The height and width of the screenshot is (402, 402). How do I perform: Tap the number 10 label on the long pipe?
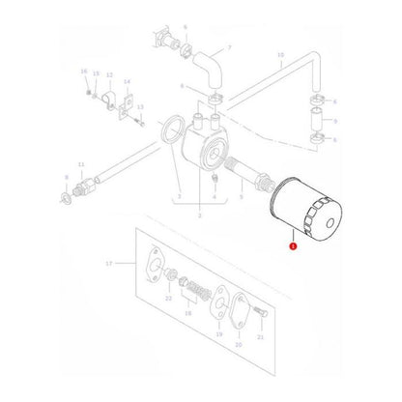click(x=280, y=56)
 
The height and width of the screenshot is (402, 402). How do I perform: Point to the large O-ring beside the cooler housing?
click(x=169, y=129)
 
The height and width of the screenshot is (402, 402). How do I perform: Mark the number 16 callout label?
click(x=84, y=72)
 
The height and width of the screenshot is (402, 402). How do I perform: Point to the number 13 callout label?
click(x=141, y=107)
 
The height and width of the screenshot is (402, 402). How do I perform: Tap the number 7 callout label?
click(x=229, y=46)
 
